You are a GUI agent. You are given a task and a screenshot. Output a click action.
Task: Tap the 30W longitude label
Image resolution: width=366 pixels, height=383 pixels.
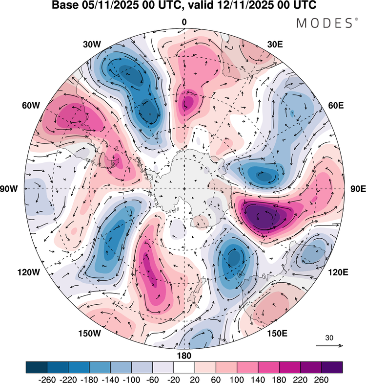coord(92,44)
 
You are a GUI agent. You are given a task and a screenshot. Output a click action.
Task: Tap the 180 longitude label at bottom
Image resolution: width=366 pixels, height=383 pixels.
coord(184,356)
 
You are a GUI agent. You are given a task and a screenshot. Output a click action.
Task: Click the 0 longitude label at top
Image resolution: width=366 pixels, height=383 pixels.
coord(184,22)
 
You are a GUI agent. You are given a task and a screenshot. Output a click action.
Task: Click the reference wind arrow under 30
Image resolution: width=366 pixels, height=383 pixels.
coord(329,346)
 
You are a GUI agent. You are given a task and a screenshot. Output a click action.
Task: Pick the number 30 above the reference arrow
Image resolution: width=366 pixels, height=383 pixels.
coord(329,338)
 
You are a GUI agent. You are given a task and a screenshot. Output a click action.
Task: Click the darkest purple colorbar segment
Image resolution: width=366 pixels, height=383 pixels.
coord(332,367)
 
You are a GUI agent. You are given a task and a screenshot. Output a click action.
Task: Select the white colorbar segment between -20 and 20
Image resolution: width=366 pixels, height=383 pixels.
coord(184,367)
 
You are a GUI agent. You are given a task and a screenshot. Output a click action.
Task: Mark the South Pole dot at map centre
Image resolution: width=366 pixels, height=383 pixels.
coord(184,189)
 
